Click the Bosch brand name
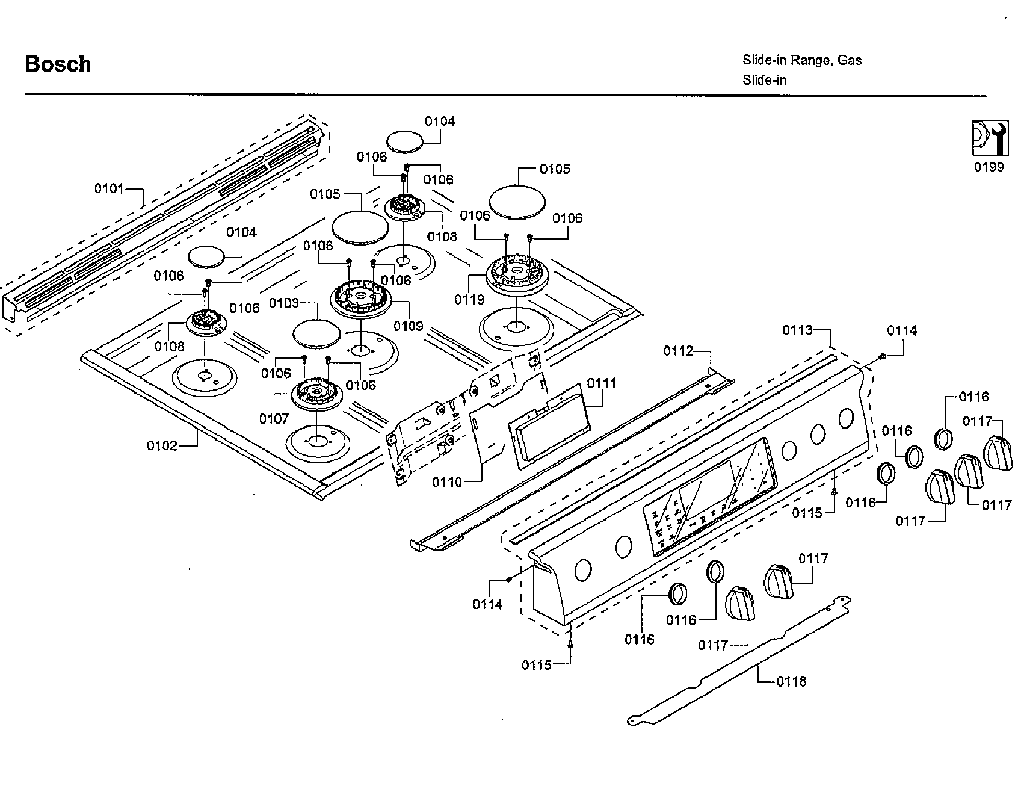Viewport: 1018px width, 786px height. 58,64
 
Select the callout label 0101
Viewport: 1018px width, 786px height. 109,189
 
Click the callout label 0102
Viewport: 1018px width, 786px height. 162,446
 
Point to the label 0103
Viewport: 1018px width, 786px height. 284,303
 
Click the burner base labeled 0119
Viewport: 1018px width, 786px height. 517,279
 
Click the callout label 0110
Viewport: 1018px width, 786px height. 447,482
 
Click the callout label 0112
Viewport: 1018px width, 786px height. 678,351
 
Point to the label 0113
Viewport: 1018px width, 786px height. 797,330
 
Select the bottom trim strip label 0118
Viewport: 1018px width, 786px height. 791,682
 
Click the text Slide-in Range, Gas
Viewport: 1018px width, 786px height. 801,60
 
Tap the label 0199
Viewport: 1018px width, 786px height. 989,167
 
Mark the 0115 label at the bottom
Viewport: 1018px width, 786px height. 537,665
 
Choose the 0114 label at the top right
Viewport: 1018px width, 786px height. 902,330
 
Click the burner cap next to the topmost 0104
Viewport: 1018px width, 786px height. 404,141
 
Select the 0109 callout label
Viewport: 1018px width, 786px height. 409,326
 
